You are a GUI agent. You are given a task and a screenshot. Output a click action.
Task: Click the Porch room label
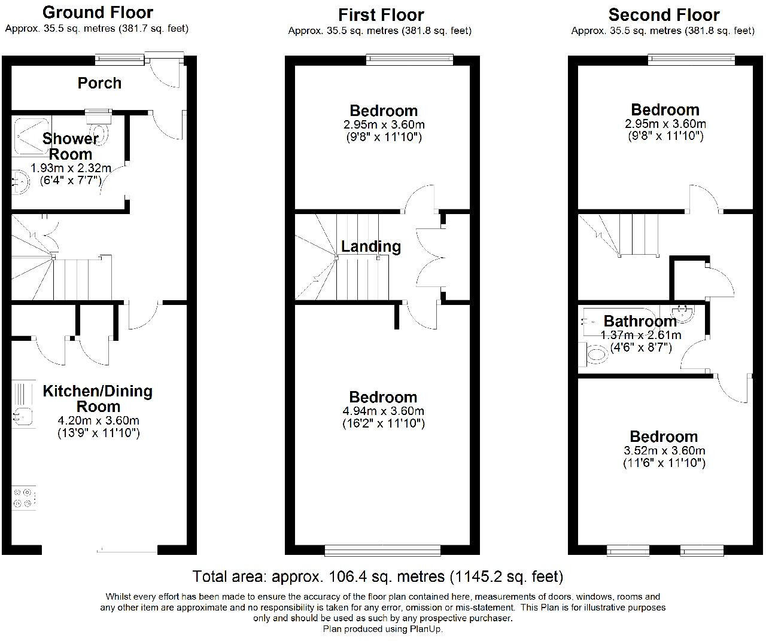click(99, 83)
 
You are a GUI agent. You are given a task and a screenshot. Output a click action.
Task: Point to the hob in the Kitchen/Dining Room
click(24, 499)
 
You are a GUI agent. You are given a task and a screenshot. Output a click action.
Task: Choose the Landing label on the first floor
click(371, 246)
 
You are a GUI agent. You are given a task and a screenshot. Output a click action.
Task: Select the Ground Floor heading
click(98, 12)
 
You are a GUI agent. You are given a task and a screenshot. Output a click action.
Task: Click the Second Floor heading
click(664, 14)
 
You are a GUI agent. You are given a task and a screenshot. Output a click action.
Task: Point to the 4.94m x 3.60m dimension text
click(384, 411)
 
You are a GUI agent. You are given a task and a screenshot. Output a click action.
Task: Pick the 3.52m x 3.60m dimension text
click(664, 451)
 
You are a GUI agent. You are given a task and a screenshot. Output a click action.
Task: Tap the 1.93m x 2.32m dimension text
click(71, 168)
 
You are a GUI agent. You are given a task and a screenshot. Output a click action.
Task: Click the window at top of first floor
click(410, 59)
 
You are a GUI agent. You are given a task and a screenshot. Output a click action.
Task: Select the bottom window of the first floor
click(382, 550)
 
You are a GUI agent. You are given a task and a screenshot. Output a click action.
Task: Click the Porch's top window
click(120, 59)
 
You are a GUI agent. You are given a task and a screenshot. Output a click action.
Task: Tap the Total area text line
click(378, 576)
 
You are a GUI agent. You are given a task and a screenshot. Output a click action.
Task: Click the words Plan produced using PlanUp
click(383, 628)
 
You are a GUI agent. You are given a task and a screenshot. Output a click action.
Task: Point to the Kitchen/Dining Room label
click(98, 398)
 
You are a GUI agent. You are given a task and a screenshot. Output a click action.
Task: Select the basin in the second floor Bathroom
click(682, 312)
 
